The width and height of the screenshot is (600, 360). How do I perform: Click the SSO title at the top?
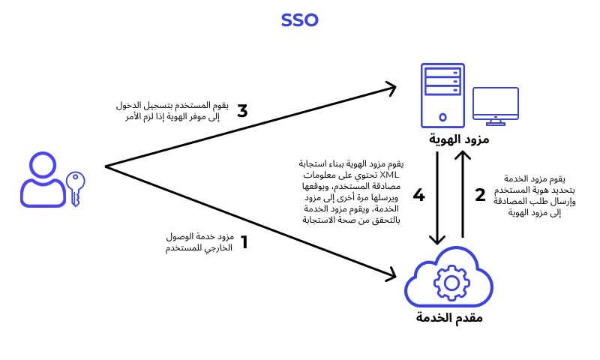(300, 20)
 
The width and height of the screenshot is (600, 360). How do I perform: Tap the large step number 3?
(242, 112)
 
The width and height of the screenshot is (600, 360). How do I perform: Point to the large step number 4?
(418, 196)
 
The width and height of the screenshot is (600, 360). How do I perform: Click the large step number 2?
(481, 196)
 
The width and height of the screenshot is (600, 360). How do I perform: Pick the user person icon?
(43, 179)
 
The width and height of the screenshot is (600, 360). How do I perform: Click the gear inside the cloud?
(451, 283)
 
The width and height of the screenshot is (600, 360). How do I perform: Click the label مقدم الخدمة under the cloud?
(450, 317)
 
